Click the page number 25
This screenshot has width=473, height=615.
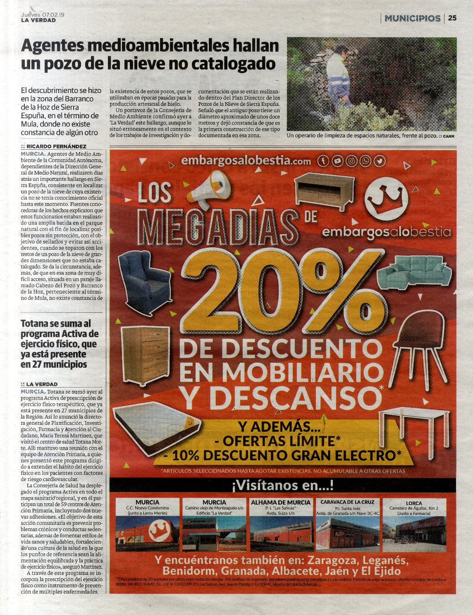pos(452,18)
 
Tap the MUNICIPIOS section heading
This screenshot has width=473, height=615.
pos(412,18)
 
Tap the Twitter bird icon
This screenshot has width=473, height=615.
pos(379,161)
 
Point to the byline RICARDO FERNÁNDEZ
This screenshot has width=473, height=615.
pos(56,146)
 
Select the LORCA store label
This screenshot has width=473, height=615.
pos(414,503)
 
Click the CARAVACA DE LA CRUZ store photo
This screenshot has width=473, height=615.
pos(347,534)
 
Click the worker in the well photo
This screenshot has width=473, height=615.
pos(337,77)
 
